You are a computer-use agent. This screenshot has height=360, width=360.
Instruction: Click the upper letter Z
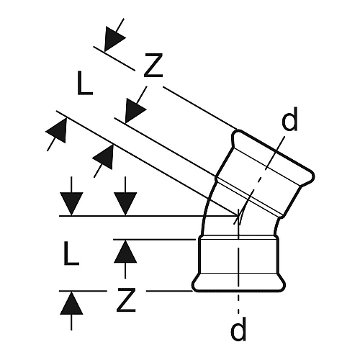[153, 66]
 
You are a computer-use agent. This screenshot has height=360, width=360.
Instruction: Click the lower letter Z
[126, 300]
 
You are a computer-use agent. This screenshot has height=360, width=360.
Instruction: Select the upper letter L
[85, 83]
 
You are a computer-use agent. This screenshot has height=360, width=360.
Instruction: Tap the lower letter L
[71, 253]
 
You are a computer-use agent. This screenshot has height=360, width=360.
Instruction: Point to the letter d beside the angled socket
[289, 119]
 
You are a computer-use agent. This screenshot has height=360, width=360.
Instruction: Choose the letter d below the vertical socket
[238, 329]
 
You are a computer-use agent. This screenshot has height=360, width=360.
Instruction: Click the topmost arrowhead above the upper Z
[114, 39]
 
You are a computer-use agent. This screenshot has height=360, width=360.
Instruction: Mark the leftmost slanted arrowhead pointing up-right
[57, 130]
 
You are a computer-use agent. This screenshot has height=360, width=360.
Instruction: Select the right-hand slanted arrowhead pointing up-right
[104, 156]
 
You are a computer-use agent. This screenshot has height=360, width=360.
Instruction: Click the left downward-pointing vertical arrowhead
[71, 204]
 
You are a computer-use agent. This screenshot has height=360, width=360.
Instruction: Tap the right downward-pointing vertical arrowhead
[125, 204]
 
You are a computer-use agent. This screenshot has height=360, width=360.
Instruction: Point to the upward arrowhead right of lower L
[125, 251]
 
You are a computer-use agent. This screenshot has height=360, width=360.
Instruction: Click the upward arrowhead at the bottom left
[71, 303]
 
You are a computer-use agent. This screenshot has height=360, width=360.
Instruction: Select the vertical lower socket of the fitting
[238, 264]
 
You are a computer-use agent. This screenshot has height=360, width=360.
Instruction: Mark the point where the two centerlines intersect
[238, 216]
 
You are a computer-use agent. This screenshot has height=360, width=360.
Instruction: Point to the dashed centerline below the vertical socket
[238, 303]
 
